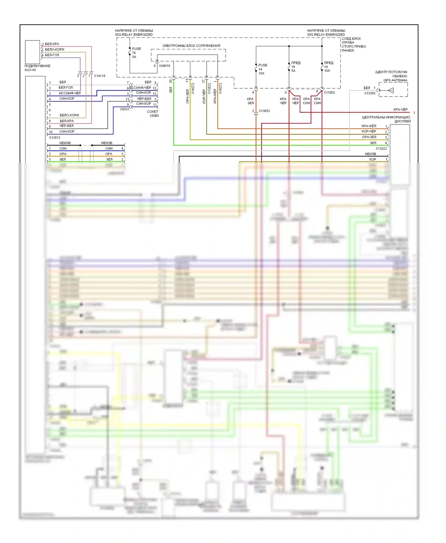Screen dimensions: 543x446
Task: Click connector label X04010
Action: [164, 66]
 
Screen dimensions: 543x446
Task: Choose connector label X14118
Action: [100, 76]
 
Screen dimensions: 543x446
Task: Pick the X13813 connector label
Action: [54, 138]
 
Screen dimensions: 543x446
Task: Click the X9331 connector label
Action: [125, 109]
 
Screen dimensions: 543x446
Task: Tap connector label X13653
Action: [264, 111]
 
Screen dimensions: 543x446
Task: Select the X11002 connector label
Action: [329, 93]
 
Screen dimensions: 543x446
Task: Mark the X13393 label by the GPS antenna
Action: [370, 93]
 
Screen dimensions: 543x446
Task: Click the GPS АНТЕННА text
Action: [395, 80]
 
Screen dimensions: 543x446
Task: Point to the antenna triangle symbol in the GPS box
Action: [391, 91]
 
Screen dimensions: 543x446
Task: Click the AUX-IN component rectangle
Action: [32, 52]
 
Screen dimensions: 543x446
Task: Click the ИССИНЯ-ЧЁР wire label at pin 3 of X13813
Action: [70, 93]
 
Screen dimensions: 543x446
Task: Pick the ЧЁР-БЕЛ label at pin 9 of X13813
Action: [67, 126]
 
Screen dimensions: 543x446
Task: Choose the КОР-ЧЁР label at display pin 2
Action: [369, 131]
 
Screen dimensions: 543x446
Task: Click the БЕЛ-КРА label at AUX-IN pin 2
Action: [52, 44]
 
